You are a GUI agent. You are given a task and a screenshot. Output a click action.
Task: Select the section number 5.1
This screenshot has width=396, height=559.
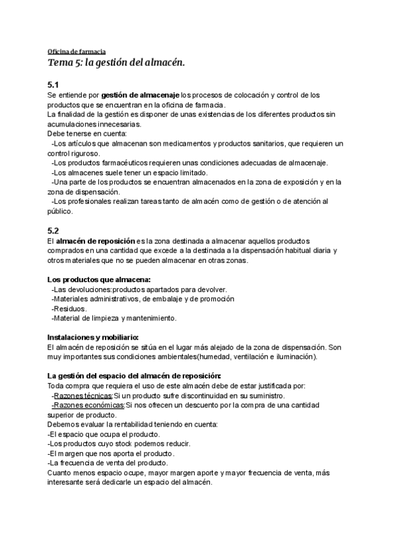pos(53,85)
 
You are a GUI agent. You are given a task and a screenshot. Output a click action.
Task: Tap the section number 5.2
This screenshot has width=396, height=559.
pos(53,231)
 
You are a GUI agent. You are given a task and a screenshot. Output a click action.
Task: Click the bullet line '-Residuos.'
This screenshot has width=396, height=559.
pos(69,309)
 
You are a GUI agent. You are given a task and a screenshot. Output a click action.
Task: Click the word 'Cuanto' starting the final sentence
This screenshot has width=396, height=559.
pos(61,472)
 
